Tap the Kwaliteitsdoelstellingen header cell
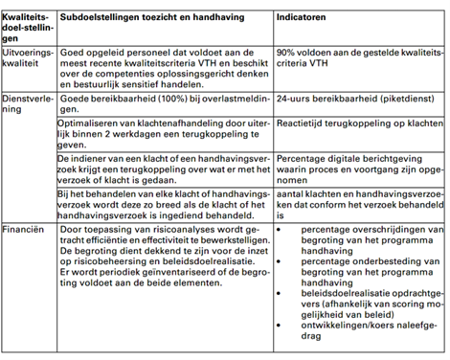point(27,25)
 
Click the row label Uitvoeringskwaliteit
point(28,63)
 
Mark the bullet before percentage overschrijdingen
point(280,231)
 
